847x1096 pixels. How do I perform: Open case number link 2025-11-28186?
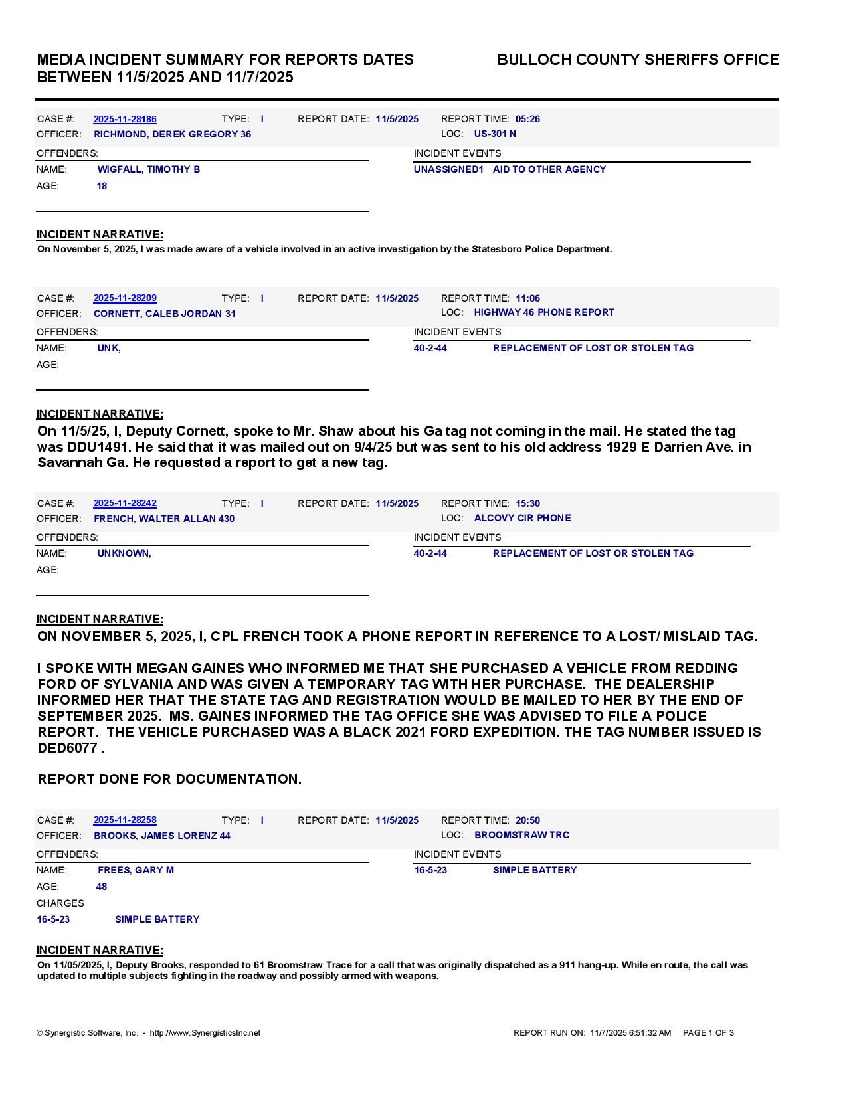[x=125, y=119]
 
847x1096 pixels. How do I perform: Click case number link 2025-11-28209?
[x=125, y=298]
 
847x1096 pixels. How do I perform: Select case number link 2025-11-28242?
[x=125, y=503]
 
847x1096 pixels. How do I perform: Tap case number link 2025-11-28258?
[x=125, y=820]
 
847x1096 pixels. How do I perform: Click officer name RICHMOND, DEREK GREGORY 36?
[x=172, y=134]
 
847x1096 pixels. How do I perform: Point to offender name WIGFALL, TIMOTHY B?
[x=149, y=169]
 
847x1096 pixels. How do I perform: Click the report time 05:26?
[x=527, y=119]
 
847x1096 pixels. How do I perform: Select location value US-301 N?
[x=495, y=134]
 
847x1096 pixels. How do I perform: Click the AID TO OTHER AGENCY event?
[x=549, y=169]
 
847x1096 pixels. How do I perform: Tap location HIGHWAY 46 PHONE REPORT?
[x=544, y=312]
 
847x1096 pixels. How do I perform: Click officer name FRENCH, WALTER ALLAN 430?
[x=164, y=519]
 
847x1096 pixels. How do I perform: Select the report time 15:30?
[x=527, y=503]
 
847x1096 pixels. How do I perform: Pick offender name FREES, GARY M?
[x=136, y=870]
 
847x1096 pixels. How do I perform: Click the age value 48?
[x=102, y=887]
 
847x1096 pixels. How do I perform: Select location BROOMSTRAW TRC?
[x=521, y=835]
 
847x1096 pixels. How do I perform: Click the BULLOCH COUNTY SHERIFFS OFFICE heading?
[x=638, y=60]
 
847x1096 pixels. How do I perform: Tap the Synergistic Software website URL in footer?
[x=205, y=1033]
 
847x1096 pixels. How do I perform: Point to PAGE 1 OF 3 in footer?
[x=708, y=1033]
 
